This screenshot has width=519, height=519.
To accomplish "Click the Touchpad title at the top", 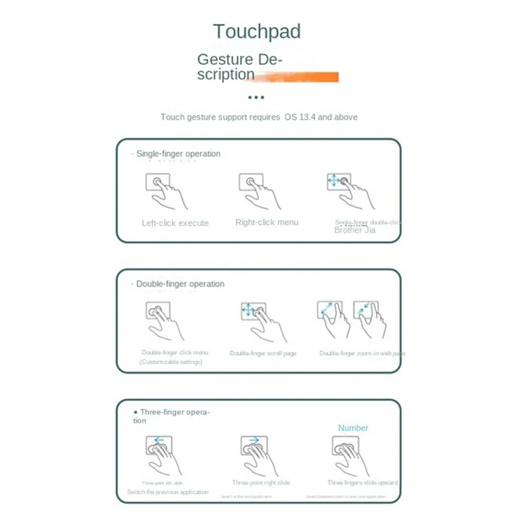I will (x=257, y=31).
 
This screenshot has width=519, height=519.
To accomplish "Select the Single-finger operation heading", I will (x=178, y=154).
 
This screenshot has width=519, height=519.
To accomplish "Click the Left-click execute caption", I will (x=175, y=223).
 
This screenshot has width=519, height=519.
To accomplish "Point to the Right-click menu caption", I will (x=267, y=223).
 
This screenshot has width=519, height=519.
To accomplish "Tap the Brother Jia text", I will (x=355, y=230).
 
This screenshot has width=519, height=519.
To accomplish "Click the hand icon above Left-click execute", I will (x=164, y=191).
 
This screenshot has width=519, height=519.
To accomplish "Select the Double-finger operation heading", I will (x=180, y=284).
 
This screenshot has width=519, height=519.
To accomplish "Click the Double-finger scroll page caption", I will (x=263, y=354).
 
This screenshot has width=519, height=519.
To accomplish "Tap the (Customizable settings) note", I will (x=171, y=362).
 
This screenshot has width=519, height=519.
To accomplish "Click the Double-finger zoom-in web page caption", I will (x=362, y=354).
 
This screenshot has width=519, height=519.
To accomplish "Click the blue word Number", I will (x=353, y=428).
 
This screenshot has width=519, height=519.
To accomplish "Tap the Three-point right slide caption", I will (x=261, y=483).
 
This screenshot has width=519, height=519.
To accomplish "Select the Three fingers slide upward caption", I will (x=362, y=483).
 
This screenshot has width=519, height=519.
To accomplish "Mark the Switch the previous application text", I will (x=167, y=492).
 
